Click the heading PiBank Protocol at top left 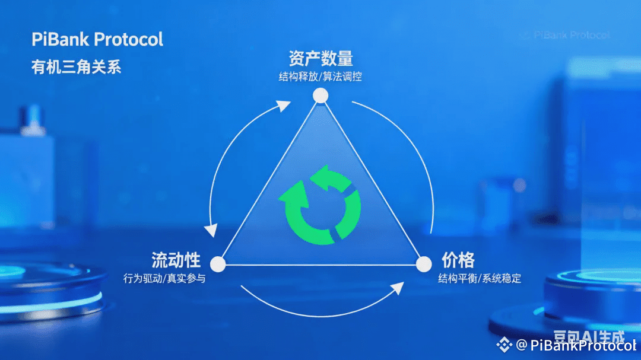(x=97, y=40)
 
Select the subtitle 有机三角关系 (x=76, y=67)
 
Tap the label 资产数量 (x=320, y=58)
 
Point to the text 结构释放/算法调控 (x=320, y=77)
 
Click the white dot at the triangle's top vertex (x=320, y=95)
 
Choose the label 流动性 (x=176, y=260)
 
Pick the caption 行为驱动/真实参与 (x=164, y=278)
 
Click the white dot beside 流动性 (x=218, y=264)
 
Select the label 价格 (x=458, y=260)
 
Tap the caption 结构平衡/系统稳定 (x=480, y=278)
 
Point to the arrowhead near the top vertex (x=284, y=106)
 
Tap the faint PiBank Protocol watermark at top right (x=564, y=35)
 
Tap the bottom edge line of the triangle (x=320, y=265)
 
